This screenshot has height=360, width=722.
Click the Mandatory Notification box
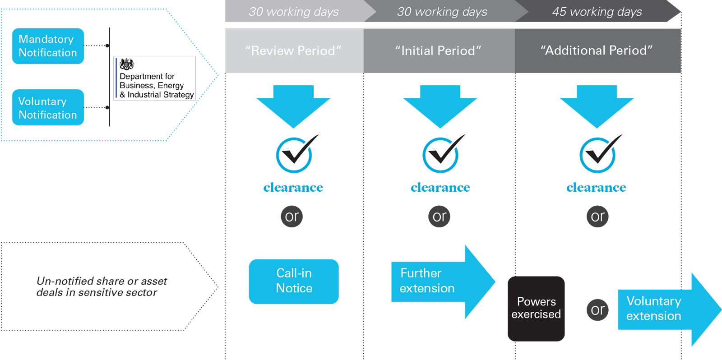coord(48,46)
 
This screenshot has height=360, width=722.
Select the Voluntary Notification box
coord(48,108)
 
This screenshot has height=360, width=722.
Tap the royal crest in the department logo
coord(127,65)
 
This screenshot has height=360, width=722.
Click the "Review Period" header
coord(294,51)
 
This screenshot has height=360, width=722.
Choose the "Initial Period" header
coord(439,51)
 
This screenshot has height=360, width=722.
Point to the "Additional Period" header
coord(597,51)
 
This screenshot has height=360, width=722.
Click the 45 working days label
coord(597,12)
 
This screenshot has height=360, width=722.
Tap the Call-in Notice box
coord(294,281)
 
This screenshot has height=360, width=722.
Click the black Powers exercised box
coord(536,309)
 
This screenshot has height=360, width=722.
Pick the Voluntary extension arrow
coord(663,309)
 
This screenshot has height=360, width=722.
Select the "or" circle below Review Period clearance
coord(292,217)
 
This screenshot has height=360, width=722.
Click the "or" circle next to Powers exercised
coord(597,310)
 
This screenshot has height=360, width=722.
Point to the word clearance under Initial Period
coord(440,187)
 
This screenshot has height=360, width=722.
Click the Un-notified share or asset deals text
coord(102,286)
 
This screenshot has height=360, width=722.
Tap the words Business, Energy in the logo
coord(152,85)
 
